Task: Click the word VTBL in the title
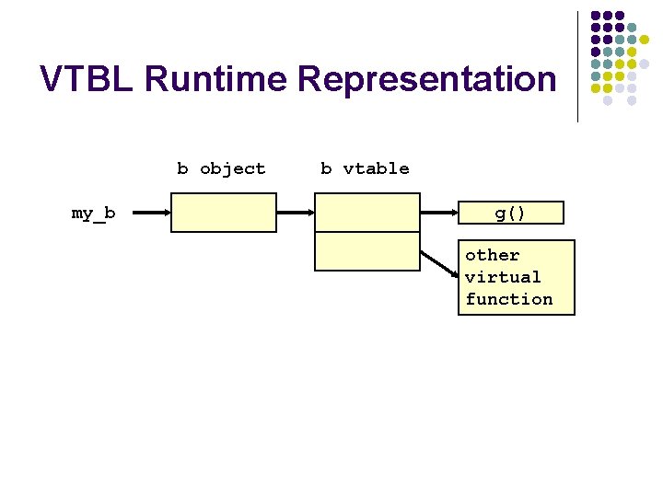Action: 87,79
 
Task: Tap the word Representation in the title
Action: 427,79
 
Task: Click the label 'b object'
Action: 221,168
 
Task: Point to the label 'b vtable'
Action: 365,168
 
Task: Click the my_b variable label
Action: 94,214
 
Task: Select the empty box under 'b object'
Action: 223,212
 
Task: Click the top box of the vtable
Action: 367,212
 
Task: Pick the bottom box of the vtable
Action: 367,250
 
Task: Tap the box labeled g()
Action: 510,214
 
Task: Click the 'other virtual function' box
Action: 516,277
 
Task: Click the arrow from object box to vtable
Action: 296,214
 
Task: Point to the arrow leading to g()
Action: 438,214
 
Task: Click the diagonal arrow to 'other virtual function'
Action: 439,263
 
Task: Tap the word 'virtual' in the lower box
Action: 503,277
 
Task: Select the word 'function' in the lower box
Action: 509,299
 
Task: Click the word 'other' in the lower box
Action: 493,255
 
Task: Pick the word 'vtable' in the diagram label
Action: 376,168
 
